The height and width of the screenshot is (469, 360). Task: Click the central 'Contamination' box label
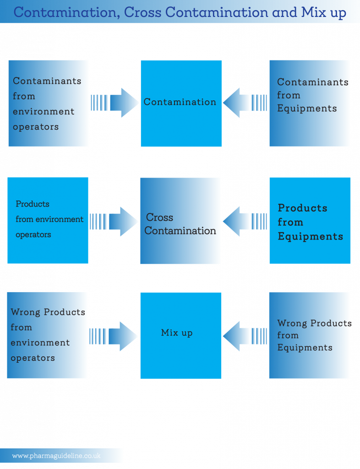180,102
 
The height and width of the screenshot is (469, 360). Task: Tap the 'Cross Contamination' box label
180,224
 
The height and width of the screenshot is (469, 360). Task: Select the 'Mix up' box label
177,333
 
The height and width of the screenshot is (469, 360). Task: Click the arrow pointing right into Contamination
115,103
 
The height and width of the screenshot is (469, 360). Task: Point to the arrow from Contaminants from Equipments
245,103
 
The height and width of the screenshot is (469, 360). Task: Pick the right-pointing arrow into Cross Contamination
114,222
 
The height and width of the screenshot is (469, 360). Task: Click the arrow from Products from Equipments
245,221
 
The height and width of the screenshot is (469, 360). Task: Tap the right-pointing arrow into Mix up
113,336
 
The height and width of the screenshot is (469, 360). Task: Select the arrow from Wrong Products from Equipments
245,336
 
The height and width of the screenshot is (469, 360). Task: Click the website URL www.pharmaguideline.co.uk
56,456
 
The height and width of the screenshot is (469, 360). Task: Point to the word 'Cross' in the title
142,12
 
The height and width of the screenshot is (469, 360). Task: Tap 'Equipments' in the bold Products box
311,237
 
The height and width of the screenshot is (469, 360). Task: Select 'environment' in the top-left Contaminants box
44,112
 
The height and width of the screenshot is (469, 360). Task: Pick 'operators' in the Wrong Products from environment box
33,358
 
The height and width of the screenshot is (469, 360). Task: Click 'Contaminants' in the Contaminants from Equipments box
313,82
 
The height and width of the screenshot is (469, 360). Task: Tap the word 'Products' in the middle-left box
33,204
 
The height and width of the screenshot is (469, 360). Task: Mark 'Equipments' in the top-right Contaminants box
307,108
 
